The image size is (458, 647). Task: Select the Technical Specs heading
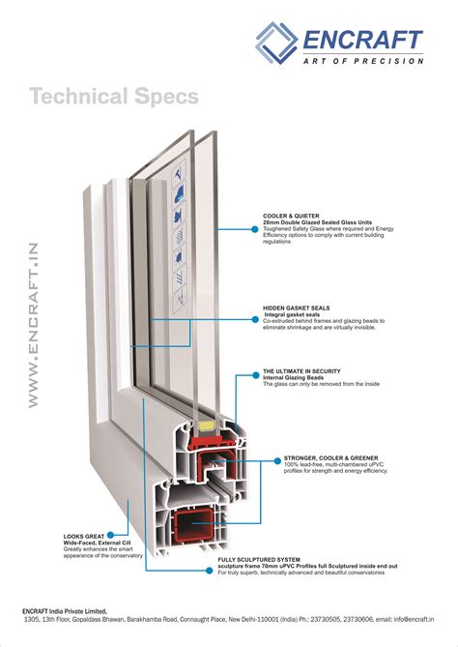point(114,97)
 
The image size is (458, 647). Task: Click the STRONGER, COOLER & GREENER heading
point(330,456)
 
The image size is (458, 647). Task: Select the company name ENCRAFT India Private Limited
point(73,612)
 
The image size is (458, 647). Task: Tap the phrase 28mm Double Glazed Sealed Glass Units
point(320,223)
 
